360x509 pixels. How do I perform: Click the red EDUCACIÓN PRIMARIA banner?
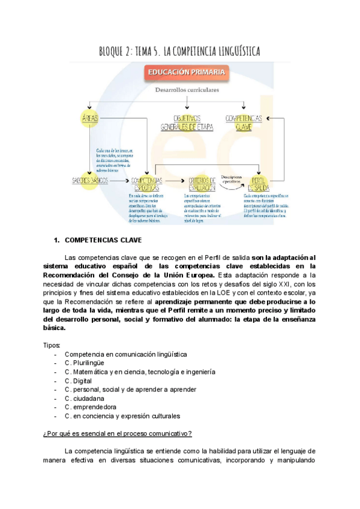click(186, 73)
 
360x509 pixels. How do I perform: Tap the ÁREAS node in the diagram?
click(89, 119)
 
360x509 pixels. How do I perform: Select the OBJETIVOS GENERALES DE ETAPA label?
click(188, 123)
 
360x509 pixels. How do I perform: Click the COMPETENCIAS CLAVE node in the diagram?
click(244, 123)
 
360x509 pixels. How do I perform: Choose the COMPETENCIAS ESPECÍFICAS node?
click(146, 183)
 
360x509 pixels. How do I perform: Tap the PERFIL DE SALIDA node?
click(259, 183)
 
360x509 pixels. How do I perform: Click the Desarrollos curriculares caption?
click(187, 90)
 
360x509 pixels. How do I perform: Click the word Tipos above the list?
click(52, 345)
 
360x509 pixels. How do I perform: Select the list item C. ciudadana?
click(85, 398)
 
